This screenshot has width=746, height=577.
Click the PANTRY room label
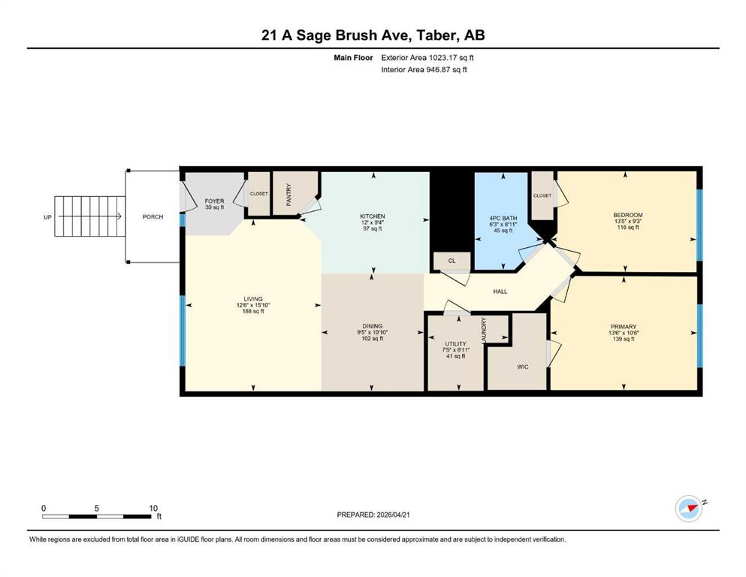click(x=288, y=195)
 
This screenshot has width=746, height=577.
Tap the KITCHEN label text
click(x=372, y=216)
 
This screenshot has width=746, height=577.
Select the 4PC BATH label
click(x=503, y=219)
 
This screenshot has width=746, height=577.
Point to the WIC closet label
click(x=522, y=367)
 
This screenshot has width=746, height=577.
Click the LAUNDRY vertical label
click(x=484, y=330)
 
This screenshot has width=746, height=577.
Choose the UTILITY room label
click(x=455, y=344)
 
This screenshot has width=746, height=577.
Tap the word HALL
click(x=500, y=292)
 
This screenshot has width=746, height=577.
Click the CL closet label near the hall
click(x=452, y=261)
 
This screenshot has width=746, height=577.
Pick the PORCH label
click(x=153, y=216)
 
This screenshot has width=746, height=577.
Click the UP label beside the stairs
click(x=47, y=217)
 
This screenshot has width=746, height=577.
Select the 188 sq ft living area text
click(x=253, y=312)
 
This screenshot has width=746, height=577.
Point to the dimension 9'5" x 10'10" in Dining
click(x=373, y=333)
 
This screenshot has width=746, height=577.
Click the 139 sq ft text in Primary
click(x=624, y=339)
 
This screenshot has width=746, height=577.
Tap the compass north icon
click(x=689, y=508)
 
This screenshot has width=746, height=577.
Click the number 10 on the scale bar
click(x=153, y=508)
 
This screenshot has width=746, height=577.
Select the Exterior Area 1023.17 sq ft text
click(x=427, y=58)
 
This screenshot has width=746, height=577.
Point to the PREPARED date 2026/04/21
click(x=393, y=515)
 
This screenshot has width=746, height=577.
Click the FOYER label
click(x=215, y=201)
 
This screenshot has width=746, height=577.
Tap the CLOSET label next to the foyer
click(x=259, y=194)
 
